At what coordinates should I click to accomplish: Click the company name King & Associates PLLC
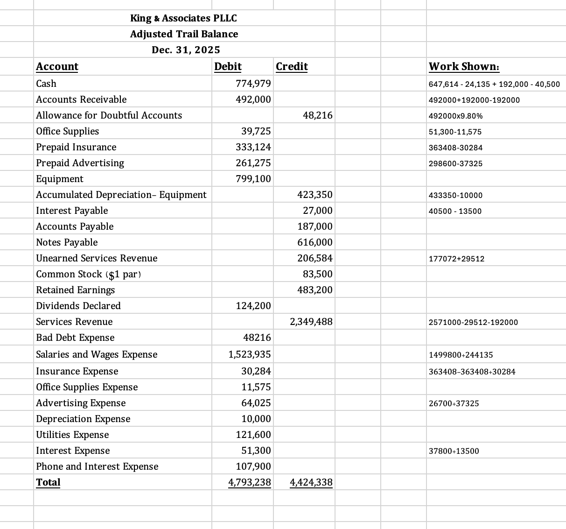point(183,18)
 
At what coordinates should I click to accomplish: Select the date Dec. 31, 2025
point(186,50)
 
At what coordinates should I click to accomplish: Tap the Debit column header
point(228,66)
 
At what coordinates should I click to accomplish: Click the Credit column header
point(292,66)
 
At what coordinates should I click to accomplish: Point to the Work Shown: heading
point(464,66)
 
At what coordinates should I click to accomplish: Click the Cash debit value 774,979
point(253,84)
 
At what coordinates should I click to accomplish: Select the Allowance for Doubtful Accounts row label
point(109,115)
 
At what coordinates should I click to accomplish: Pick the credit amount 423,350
point(315,195)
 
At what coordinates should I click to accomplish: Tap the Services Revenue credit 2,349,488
point(311,322)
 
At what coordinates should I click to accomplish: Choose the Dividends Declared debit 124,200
point(253,306)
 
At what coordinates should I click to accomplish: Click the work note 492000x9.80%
point(455,116)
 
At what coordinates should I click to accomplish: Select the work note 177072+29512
point(456,259)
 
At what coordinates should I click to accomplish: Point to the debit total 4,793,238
point(250,482)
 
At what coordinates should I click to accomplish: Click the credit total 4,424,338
point(311,482)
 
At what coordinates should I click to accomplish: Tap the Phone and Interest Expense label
point(97,466)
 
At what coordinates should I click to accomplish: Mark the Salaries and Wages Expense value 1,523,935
point(250,354)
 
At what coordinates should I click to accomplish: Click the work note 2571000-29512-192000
point(473,322)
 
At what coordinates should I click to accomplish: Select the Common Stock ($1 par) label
point(88,274)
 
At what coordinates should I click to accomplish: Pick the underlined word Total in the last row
point(48,482)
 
